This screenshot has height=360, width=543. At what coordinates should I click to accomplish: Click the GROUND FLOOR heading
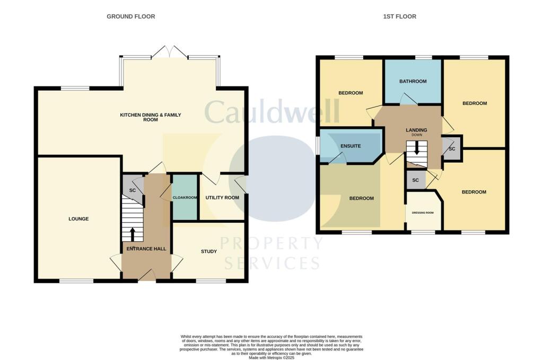(x=131, y=16)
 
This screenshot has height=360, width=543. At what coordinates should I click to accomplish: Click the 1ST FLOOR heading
(x=399, y=16)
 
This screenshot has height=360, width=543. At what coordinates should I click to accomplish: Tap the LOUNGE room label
(x=78, y=219)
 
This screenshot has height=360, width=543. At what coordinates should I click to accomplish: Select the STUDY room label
(x=209, y=251)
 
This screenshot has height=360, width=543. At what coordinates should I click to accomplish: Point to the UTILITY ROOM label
(x=222, y=198)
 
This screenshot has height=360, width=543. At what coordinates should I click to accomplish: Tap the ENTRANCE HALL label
(x=146, y=249)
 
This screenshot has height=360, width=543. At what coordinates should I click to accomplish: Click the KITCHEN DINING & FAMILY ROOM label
(x=147, y=117)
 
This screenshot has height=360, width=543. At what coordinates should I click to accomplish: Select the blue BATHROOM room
(x=413, y=81)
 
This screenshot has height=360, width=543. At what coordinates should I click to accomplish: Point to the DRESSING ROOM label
(x=423, y=213)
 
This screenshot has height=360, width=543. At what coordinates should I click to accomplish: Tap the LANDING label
(x=416, y=130)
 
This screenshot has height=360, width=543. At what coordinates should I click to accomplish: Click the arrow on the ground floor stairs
(x=133, y=234)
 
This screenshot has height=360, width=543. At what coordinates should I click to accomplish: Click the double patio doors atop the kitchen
(x=169, y=52)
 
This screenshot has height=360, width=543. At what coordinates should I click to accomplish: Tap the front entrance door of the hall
(x=147, y=275)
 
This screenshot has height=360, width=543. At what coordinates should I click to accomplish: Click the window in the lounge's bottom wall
(x=73, y=281)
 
